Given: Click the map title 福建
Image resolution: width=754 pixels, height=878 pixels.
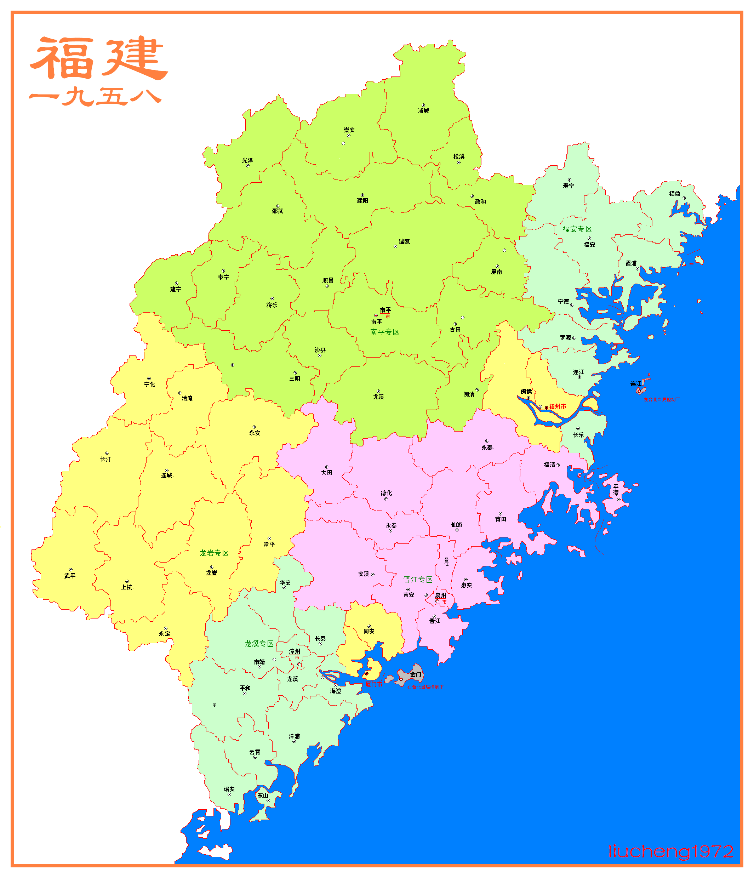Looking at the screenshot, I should click(98, 58).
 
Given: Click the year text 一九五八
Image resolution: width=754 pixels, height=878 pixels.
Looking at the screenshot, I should click(95, 97).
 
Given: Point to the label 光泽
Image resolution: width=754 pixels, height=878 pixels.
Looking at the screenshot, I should click(247, 160).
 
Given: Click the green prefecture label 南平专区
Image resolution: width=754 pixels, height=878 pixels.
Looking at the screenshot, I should click(385, 332).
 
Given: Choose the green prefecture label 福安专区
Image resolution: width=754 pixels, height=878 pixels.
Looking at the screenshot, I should click(577, 229).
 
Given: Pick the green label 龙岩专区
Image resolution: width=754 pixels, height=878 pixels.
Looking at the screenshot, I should click(214, 553).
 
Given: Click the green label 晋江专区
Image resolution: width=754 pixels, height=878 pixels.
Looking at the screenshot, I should click(418, 579).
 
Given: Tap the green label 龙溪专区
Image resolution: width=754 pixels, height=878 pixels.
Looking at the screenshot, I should click(259, 644).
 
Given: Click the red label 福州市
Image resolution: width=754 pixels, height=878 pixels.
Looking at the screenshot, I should click(558, 406).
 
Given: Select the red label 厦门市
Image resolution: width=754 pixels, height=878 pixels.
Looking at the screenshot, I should click(373, 684).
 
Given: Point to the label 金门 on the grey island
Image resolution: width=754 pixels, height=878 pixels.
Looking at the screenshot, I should click(416, 674).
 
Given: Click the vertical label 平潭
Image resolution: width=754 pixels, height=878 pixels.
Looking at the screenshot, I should click(616, 490).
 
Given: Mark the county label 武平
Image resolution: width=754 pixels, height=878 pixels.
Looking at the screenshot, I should click(70, 576).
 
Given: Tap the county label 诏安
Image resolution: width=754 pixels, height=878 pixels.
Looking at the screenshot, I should click(229, 789).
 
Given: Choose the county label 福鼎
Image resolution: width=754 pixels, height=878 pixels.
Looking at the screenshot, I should click(674, 194).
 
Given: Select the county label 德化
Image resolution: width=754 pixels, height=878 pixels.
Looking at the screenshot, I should click(386, 493).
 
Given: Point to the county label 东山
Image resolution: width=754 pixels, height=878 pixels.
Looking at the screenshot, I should click(263, 796).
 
